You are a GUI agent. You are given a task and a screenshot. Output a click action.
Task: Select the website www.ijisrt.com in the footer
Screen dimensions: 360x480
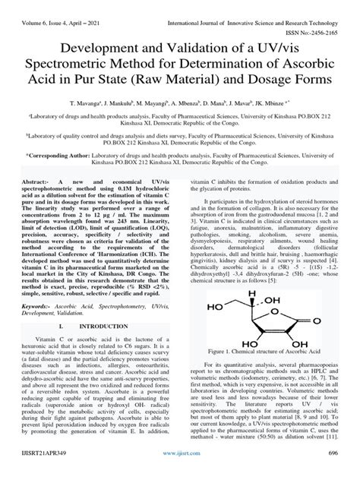180,472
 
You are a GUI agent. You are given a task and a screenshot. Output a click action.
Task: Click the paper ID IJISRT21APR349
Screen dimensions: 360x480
43,472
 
